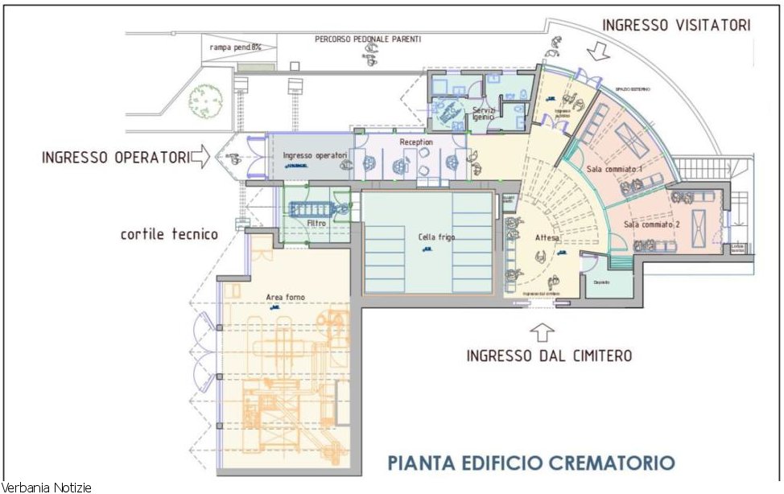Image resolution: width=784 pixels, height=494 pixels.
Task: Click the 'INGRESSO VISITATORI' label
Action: tap(676, 25)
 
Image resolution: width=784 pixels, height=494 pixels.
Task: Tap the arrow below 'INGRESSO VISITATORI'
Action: tap(599, 52)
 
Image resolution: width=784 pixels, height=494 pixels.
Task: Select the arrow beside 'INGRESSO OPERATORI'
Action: tap(200, 156)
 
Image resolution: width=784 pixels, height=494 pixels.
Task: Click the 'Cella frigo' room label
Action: tap(436, 237)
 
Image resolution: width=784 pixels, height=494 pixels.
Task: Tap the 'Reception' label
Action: tap(415, 142)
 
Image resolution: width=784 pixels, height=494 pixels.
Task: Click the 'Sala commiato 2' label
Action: tap(653, 225)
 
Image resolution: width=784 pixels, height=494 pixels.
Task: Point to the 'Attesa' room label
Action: tap(547, 238)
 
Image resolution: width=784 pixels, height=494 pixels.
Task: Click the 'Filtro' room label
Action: tap(316, 223)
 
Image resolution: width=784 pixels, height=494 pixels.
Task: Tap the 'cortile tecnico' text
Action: tap(169, 234)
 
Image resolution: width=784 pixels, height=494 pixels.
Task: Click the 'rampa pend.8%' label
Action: tap(236, 47)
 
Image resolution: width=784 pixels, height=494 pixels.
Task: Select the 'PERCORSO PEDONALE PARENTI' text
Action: tap(368, 39)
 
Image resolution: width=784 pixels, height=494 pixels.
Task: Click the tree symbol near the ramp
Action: tap(204, 101)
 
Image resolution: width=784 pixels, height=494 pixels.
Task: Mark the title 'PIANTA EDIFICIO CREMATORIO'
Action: tap(530, 463)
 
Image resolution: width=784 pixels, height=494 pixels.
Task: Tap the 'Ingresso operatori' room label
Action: tap(315, 155)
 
